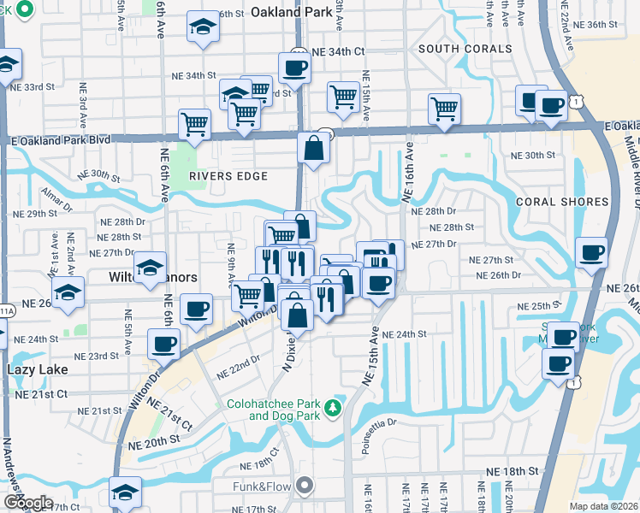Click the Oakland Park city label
[291, 12]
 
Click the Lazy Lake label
[35, 369]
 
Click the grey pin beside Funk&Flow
[305, 486]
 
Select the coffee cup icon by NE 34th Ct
[294, 68]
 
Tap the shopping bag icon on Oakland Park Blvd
[314, 149]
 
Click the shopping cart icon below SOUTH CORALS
[444, 109]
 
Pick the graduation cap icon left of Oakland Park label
[204, 27]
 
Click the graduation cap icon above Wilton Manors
[150, 267]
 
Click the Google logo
[27, 502]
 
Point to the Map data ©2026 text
[604, 505]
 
